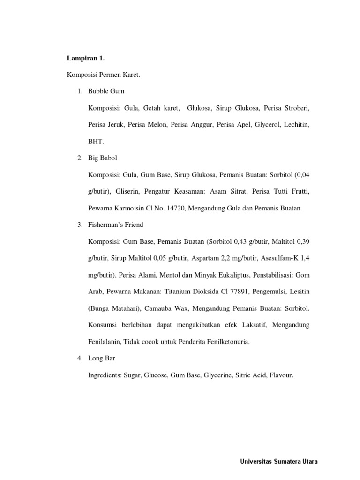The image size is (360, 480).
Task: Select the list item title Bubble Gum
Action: coord(106,91)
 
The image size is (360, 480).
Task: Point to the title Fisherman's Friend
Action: coord(115,225)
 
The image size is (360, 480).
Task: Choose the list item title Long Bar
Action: coord(102,358)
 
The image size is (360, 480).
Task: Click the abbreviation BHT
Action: coord(95,141)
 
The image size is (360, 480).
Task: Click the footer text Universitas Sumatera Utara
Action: coord(279,461)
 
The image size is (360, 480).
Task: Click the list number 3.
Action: coord(80,225)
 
